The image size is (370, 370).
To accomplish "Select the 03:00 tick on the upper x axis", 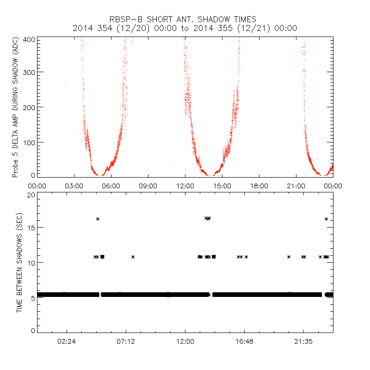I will (x=74, y=185).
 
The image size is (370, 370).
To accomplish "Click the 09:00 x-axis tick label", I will (x=148, y=185).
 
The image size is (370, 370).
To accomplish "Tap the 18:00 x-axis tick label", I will (x=259, y=185).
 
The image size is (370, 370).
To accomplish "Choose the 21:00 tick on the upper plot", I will (x=296, y=185).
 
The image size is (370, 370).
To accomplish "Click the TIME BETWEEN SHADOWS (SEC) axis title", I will (x=19, y=262).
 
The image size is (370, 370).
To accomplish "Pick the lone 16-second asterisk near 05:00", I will (x=98, y=219).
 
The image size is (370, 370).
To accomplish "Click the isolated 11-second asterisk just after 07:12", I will (x=133, y=257).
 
